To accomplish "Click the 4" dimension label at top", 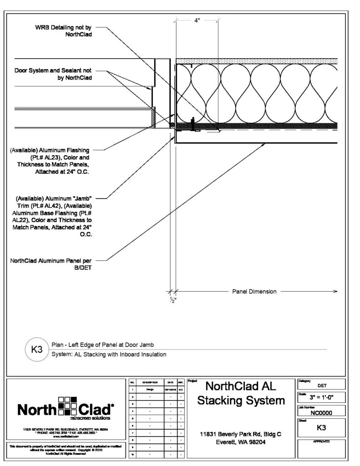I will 197,20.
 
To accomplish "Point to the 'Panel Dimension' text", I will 254,292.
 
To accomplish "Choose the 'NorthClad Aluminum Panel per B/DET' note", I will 54,264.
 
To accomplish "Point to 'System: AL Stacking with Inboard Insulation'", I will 108,354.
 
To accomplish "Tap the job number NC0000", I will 321,413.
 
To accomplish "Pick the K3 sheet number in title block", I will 321,428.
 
